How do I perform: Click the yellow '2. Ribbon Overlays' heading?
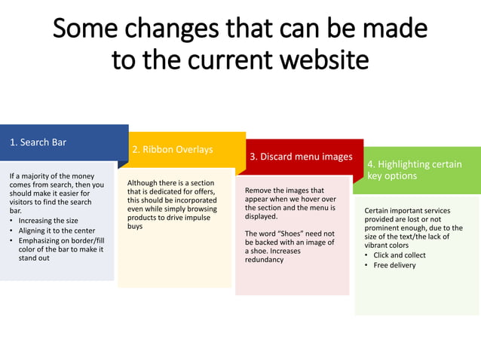click(x=172, y=149)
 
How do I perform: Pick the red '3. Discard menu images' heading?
click(x=301, y=157)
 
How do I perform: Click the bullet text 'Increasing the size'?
click(x=48, y=221)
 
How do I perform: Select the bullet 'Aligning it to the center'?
click(x=57, y=230)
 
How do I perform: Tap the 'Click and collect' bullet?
click(x=399, y=255)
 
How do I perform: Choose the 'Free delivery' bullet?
click(x=394, y=265)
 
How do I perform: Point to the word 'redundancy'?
click(x=264, y=260)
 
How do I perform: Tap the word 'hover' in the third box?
click(x=318, y=200)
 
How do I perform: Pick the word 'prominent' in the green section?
click(x=384, y=227)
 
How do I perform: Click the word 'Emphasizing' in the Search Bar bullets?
click(x=41, y=240)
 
